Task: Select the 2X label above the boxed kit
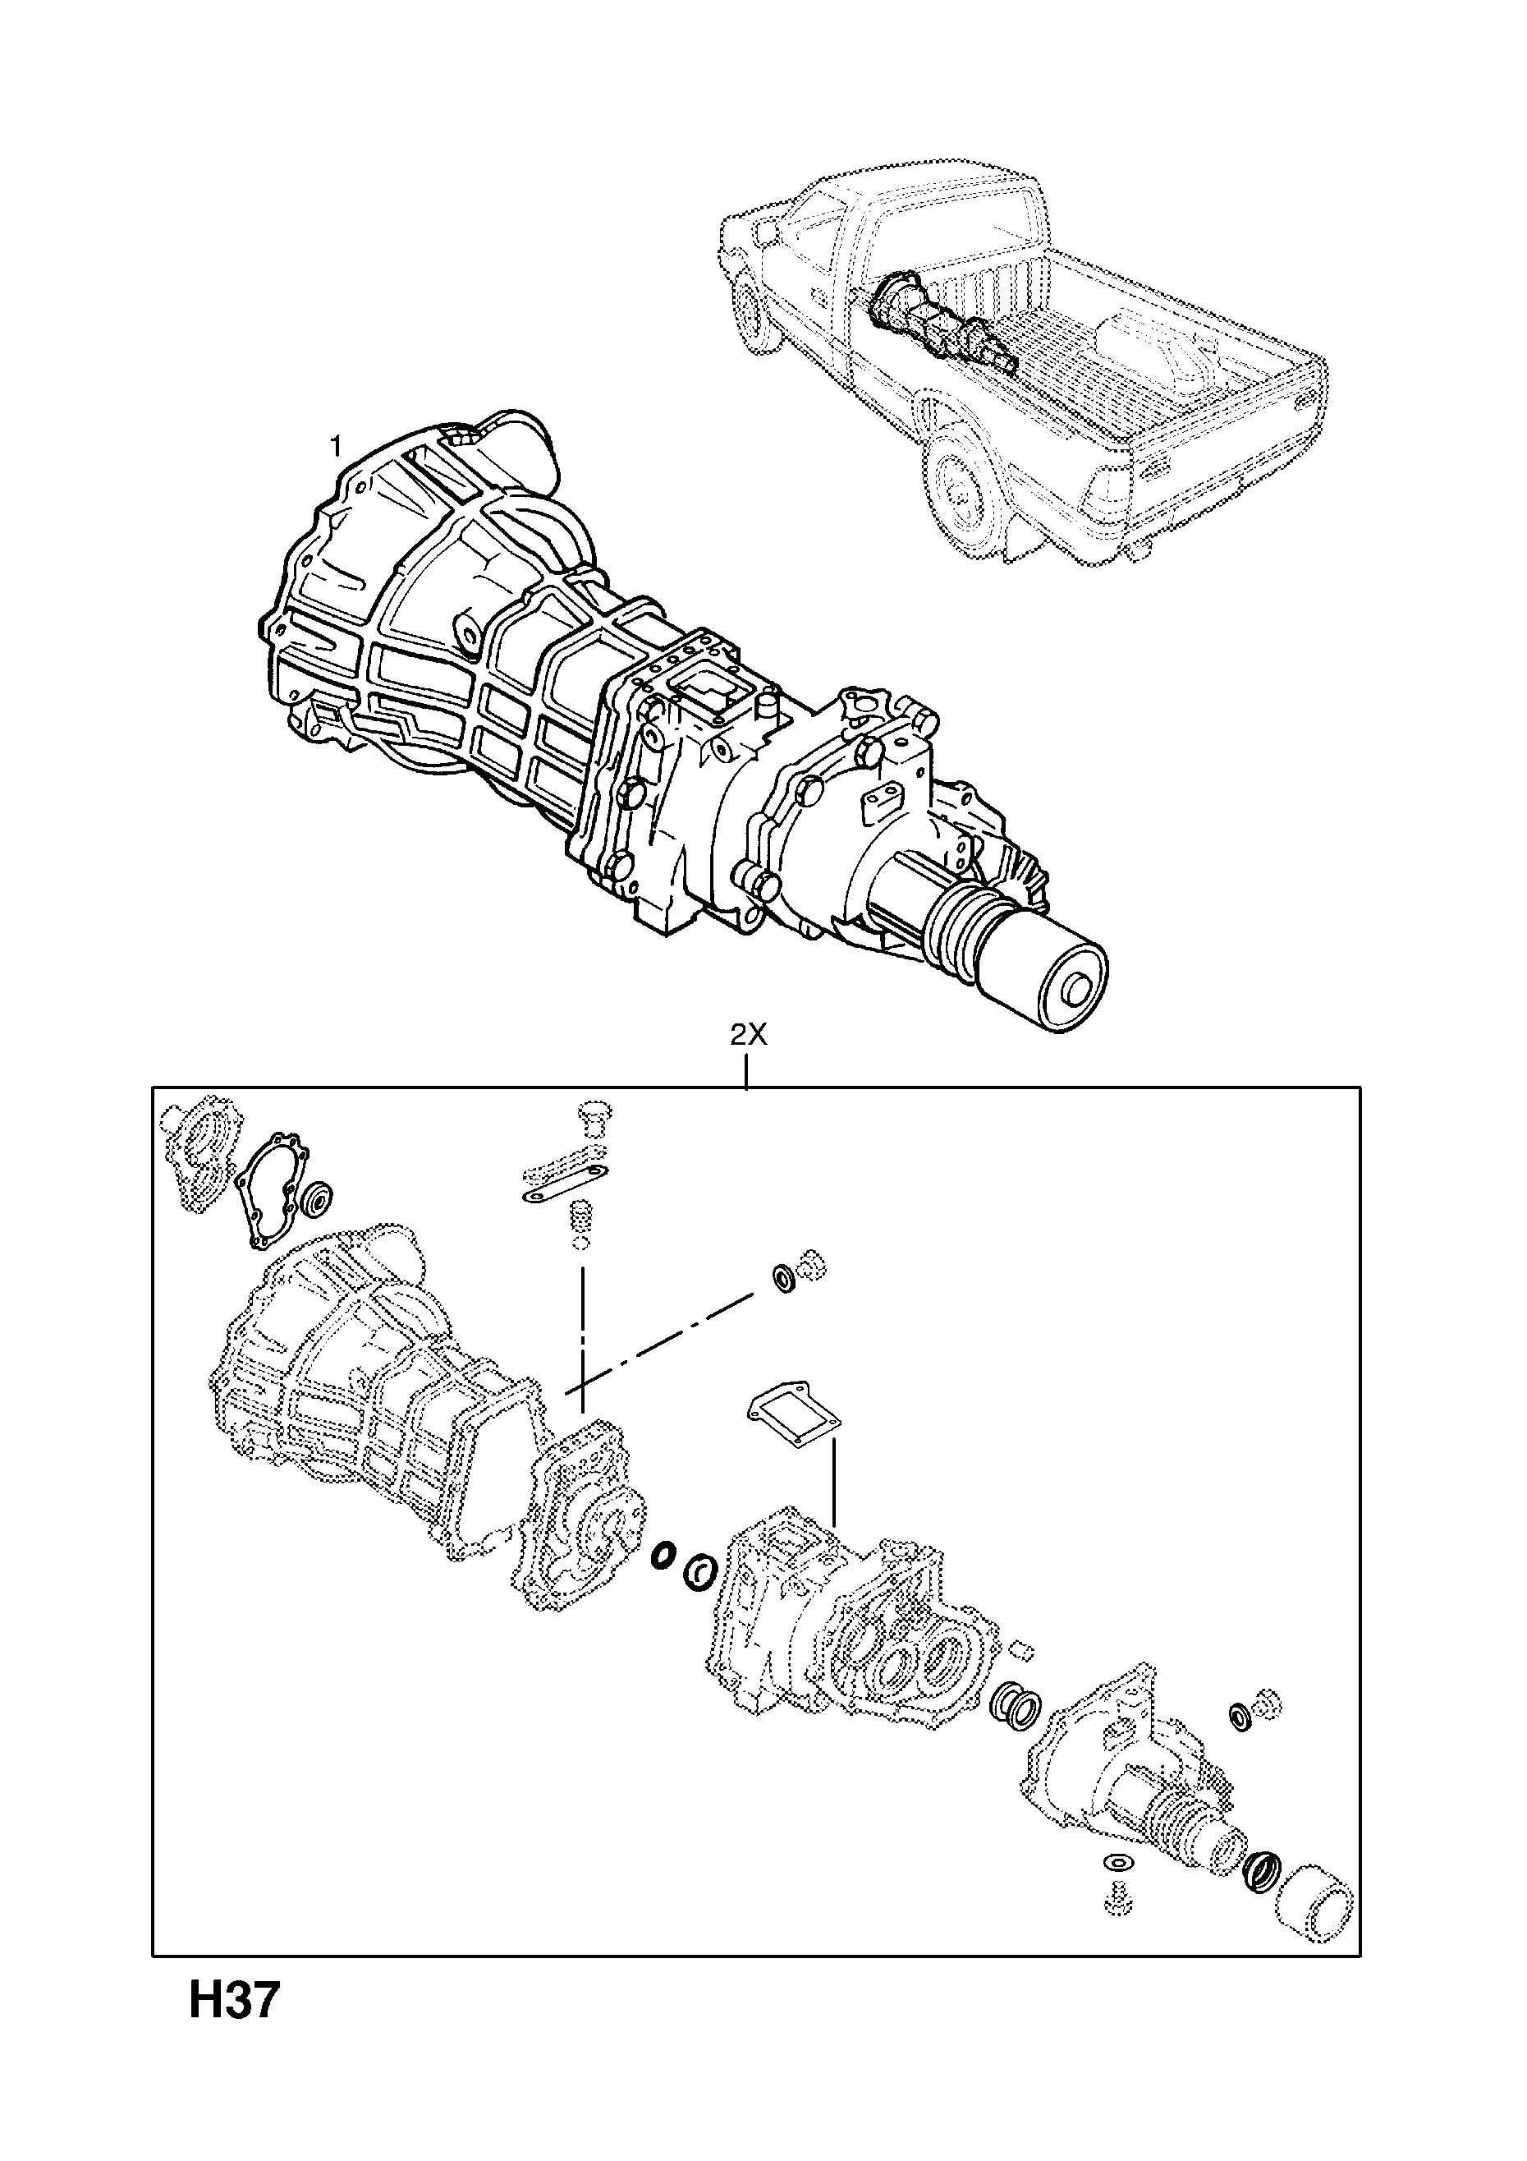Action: (749, 1037)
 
